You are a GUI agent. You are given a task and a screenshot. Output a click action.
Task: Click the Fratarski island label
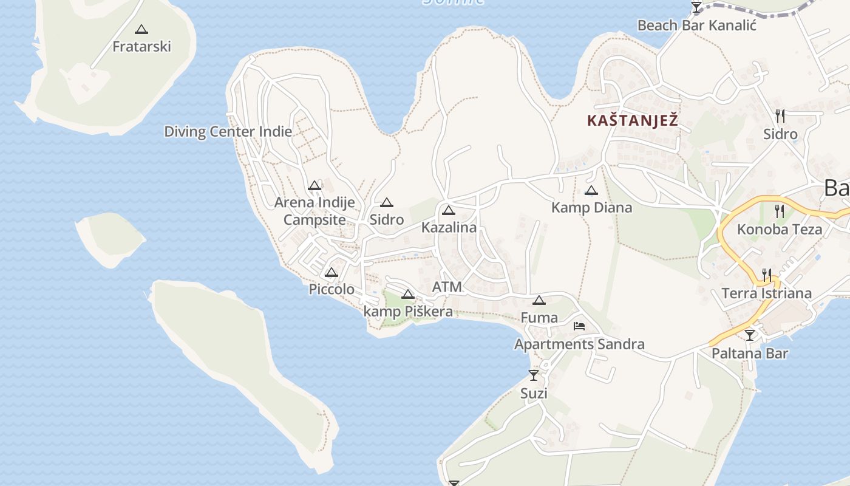click(142, 46)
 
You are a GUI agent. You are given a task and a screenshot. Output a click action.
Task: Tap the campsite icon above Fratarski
click(141, 29)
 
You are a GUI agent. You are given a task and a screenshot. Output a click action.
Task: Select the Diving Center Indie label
click(228, 131)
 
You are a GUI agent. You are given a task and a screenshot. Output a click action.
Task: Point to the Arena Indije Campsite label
click(314, 211)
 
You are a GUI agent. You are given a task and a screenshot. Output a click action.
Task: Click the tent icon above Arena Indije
click(314, 185)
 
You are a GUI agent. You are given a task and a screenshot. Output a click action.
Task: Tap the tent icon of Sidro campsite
click(387, 202)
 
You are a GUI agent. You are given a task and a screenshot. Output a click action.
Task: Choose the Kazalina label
click(449, 228)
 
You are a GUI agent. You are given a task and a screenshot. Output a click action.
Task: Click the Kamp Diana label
click(591, 208)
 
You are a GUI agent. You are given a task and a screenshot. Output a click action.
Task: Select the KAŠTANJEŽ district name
click(632, 121)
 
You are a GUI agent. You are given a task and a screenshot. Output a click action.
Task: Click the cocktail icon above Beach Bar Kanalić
click(696, 7)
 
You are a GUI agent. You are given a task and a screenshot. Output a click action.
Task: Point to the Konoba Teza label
click(780, 230)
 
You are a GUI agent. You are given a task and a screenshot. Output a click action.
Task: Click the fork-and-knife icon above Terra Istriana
click(767, 275)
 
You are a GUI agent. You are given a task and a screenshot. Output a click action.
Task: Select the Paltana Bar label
click(750, 353)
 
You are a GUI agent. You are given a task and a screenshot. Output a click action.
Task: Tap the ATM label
click(447, 287)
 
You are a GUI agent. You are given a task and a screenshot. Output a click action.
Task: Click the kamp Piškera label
click(408, 312)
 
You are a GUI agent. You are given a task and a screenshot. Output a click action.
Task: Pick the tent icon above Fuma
click(539, 300)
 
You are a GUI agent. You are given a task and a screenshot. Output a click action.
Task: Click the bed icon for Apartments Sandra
click(579, 326)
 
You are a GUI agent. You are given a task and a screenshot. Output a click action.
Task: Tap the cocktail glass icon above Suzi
click(534, 375)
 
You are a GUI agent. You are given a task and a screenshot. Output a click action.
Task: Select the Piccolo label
click(331, 289)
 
